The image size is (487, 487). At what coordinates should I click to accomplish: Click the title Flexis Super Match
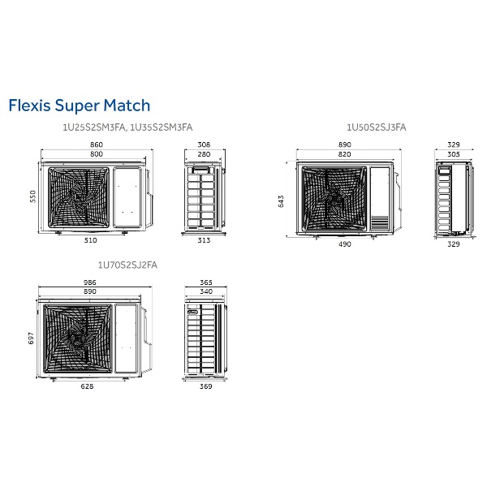click(x=79, y=106)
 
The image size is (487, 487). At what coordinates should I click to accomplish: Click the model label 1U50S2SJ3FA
click(x=377, y=127)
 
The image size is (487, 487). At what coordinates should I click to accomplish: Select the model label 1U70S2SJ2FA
click(x=127, y=265)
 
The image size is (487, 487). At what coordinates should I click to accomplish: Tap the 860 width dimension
click(x=97, y=144)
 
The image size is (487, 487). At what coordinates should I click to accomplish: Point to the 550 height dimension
click(x=33, y=197)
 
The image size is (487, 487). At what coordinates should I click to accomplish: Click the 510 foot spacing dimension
click(x=90, y=240)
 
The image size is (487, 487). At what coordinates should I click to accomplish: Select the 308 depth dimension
click(x=204, y=144)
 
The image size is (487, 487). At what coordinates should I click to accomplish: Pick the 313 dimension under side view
click(x=204, y=240)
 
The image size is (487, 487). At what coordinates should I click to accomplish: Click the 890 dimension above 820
click(x=345, y=144)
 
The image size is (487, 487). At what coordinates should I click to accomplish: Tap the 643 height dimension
click(x=281, y=200)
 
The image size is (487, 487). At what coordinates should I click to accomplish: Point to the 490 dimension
click(x=345, y=244)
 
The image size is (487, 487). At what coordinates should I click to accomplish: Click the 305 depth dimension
click(x=454, y=153)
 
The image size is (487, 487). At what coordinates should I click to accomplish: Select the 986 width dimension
click(x=90, y=282)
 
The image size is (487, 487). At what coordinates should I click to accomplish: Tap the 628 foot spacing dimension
click(x=88, y=386)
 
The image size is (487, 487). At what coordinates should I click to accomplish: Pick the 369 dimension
click(x=205, y=386)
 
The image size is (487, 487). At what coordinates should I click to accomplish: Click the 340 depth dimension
click(x=205, y=291)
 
